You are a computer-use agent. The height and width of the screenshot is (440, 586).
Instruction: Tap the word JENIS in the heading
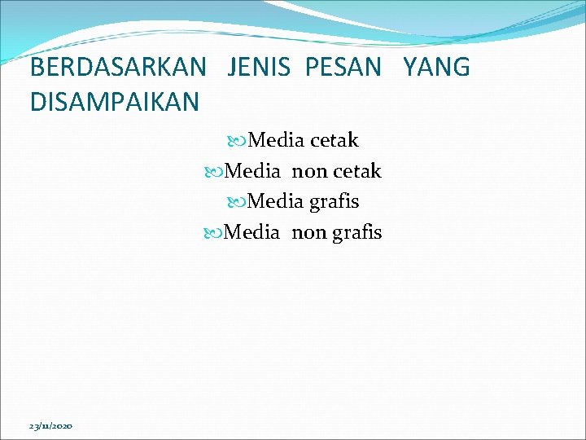pyautogui.click(x=259, y=68)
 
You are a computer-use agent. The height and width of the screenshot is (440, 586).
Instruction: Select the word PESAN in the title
pyautogui.click(x=343, y=68)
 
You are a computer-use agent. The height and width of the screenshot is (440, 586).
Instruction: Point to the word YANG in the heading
pyautogui.click(x=436, y=68)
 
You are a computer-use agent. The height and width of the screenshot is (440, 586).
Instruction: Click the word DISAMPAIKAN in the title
pyautogui.click(x=114, y=102)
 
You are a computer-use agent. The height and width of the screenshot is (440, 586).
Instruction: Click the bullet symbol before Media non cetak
pyautogui.click(x=213, y=172)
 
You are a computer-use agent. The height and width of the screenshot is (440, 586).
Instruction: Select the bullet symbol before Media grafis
pyautogui.click(x=237, y=202)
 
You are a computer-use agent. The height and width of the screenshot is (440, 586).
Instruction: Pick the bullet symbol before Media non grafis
pyautogui.click(x=213, y=233)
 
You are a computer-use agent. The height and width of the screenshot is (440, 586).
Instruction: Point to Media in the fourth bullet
pyautogui.click(x=251, y=232)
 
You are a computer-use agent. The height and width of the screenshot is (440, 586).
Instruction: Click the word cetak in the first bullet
pyautogui.click(x=334, y=141)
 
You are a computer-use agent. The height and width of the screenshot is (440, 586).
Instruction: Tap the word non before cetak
pyautogui.click(x=308, y=172)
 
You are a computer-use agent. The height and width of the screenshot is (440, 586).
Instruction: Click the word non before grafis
pyautogui.click(x=308, y=233)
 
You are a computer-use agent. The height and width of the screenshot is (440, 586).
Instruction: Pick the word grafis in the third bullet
pyautogui.click(x=334, y=201)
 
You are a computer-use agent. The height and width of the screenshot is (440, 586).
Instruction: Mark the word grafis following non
pyautogui.click(x=356, y=232)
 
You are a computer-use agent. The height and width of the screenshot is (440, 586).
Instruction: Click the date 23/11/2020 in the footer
pyautogui.click(x=50, y=426)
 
